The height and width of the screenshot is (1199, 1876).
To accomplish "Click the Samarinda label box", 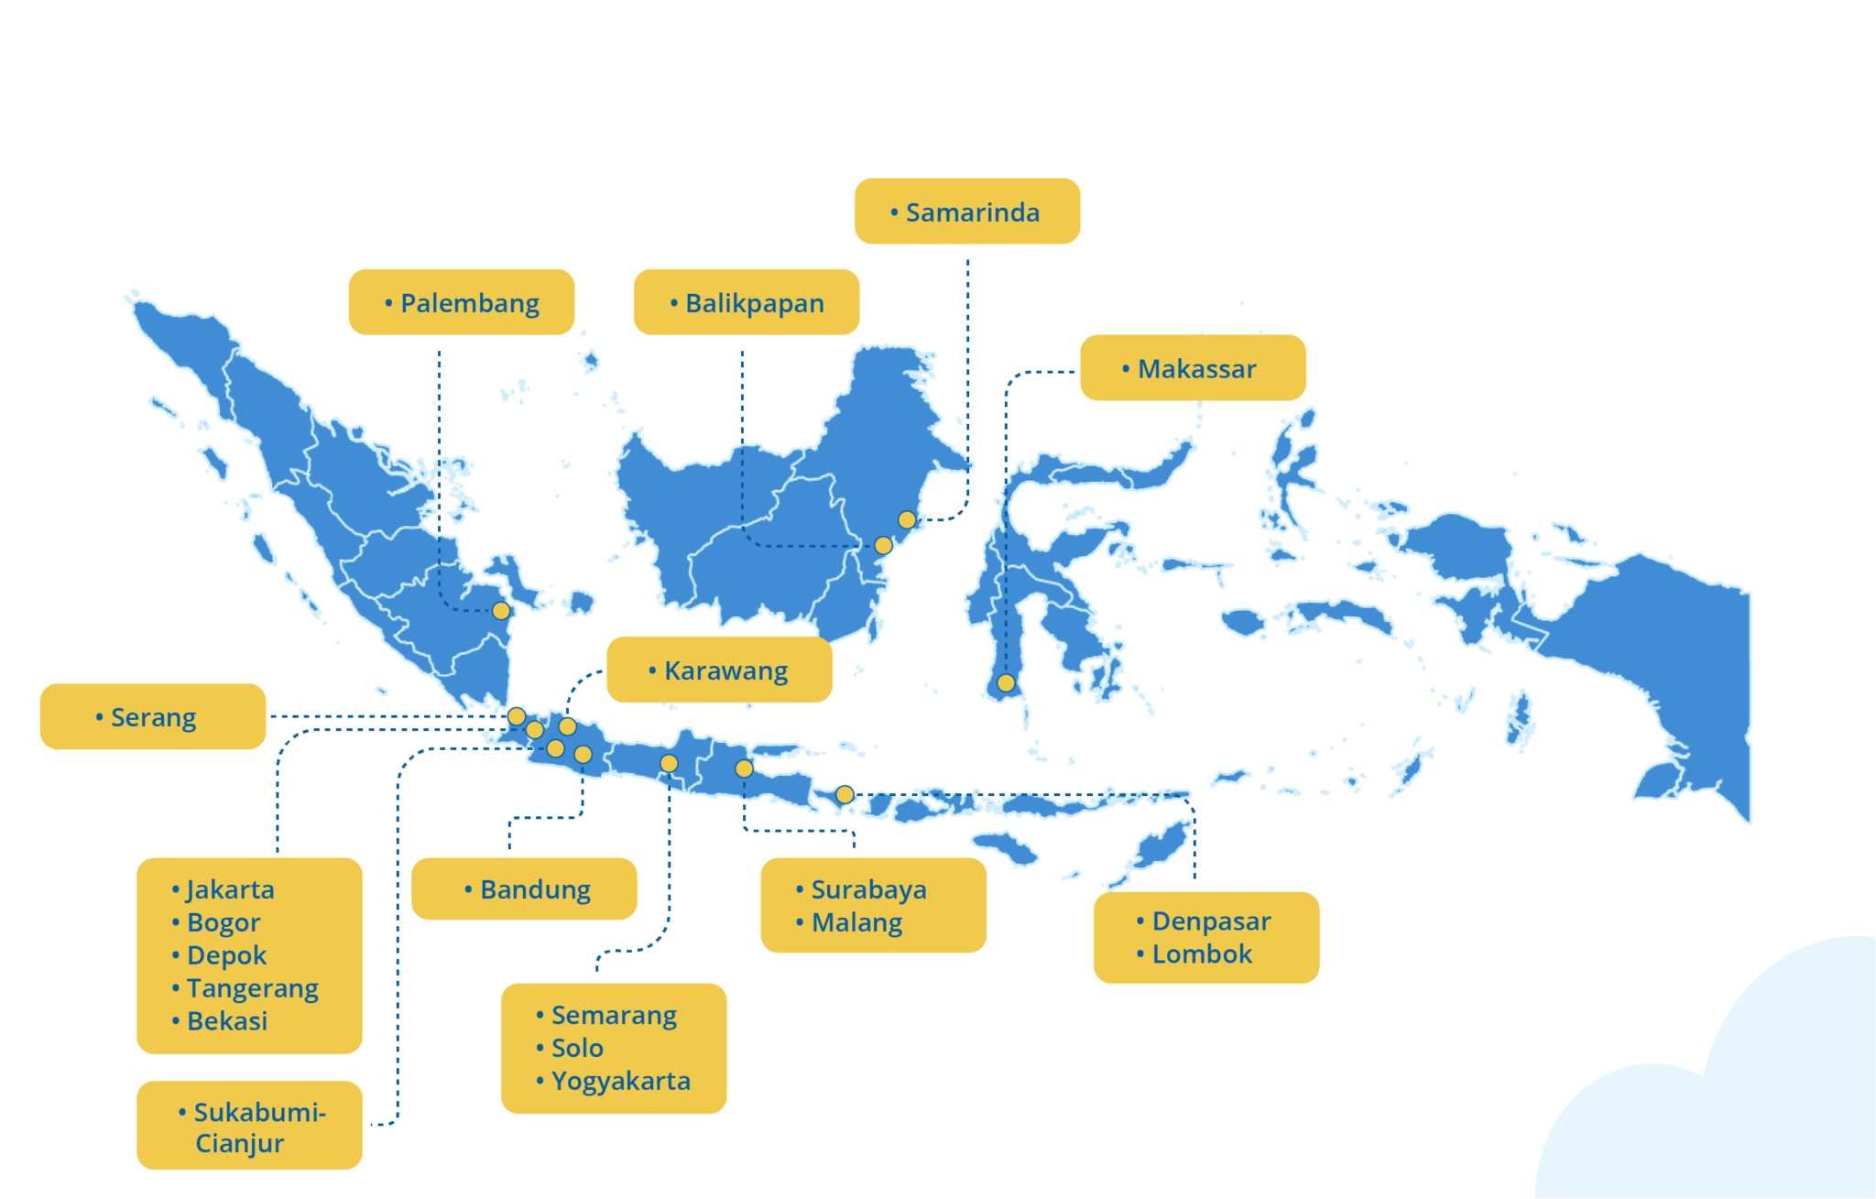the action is pos(966,212).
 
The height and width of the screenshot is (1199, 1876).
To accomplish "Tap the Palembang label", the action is pos(461,302).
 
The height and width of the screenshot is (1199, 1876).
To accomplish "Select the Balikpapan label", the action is pos(746,302).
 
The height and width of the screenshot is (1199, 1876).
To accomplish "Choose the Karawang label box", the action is pos(719,670).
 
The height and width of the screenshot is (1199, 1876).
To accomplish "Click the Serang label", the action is pos(152,717).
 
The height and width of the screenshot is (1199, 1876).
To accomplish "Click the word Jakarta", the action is pos(230,889).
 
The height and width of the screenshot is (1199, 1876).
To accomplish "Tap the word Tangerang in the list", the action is pos(252,988).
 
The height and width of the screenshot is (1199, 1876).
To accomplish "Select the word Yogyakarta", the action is pos(620,1081).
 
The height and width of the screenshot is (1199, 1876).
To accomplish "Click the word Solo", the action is pos(577,1048).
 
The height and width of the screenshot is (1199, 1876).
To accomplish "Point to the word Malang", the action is pos(856,922).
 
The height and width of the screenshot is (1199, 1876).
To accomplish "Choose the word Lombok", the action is pos(1201,954).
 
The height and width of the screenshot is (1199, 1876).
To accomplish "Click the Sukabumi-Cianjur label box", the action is pos(249,1126).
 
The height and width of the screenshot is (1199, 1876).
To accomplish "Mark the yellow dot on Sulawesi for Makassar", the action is pos(1006,683).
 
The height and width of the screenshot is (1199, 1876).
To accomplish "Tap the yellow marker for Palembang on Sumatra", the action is pos(501,611).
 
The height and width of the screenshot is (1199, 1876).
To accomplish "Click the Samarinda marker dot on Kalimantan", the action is pos(907,520).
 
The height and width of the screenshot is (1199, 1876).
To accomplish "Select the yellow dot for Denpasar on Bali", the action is pos(845,795).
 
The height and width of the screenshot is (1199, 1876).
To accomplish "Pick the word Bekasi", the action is pos(227,1021).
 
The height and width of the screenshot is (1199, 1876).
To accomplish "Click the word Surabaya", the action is pos(868,889).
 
